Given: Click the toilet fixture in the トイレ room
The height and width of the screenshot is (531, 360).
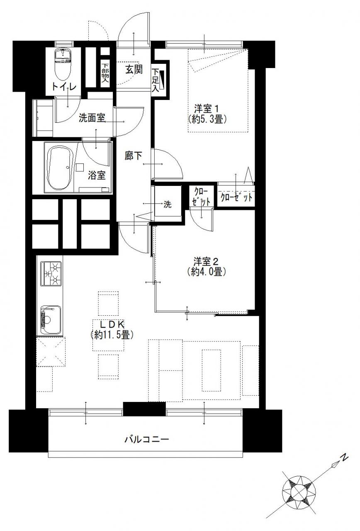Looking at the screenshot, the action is click(x=63, y=64).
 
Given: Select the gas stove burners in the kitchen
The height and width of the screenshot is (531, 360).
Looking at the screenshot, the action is click(x=51, y=273).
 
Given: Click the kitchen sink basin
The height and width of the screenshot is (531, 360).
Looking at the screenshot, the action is click(x=51, y=320).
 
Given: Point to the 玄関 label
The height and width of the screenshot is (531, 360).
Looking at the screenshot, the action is click(x=134, y=69).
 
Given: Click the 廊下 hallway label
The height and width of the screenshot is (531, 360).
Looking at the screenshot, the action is click(x=134, y=156).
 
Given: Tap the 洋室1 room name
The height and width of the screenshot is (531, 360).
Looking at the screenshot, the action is click(x=206, y=109).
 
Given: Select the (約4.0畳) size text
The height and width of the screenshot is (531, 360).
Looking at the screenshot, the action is click(x=206, y=272).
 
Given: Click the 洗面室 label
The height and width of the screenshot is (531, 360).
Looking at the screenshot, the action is click(x=92, y=118).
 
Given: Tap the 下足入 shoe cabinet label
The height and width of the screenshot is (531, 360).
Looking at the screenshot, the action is click(x=156, y=80).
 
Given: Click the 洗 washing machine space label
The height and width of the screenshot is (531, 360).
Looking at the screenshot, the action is click(x=168, y=204).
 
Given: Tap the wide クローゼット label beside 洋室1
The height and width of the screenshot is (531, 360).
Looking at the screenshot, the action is click(x=236, y=197).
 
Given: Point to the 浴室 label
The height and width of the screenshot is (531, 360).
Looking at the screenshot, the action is click(x=97, y=175).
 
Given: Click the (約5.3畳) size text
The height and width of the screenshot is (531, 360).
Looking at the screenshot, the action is click(x=207, y=119).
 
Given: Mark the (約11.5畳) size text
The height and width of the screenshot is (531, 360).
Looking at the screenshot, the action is click(x=112, y=334).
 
